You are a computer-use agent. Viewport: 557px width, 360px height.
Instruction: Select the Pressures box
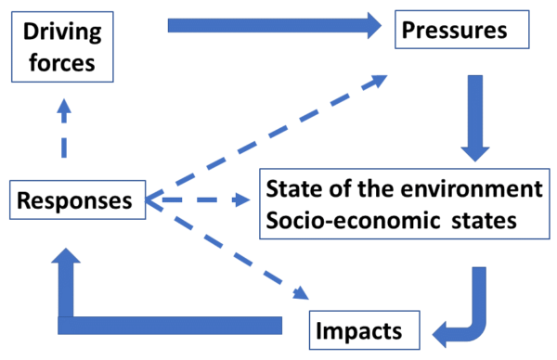(461, 31)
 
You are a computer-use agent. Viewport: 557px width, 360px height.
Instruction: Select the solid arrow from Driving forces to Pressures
(269, 25)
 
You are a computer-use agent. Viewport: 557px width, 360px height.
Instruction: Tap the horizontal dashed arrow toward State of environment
(200, 200)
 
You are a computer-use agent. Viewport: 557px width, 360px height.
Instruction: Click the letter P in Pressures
(408, 31)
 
